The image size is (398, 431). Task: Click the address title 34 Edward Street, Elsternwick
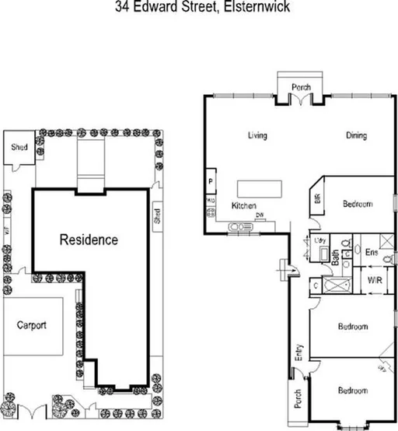[x=198, y=8]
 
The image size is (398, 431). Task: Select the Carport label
[x=32, y=325]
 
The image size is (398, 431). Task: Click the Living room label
[x=257, y=135]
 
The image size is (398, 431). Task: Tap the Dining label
[x=356, y=135]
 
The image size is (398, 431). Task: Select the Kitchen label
[x=244, y=205]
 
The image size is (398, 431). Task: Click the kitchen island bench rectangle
[x=260, y=189]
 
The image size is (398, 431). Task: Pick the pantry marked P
[x=211, y=183]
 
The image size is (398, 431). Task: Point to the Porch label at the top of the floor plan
[x=301, y=87]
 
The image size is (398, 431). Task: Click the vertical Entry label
[x=296, y=355]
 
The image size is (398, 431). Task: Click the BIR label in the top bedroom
[x=317, y=198]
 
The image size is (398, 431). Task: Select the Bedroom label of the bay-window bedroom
[x=352, y=391]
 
